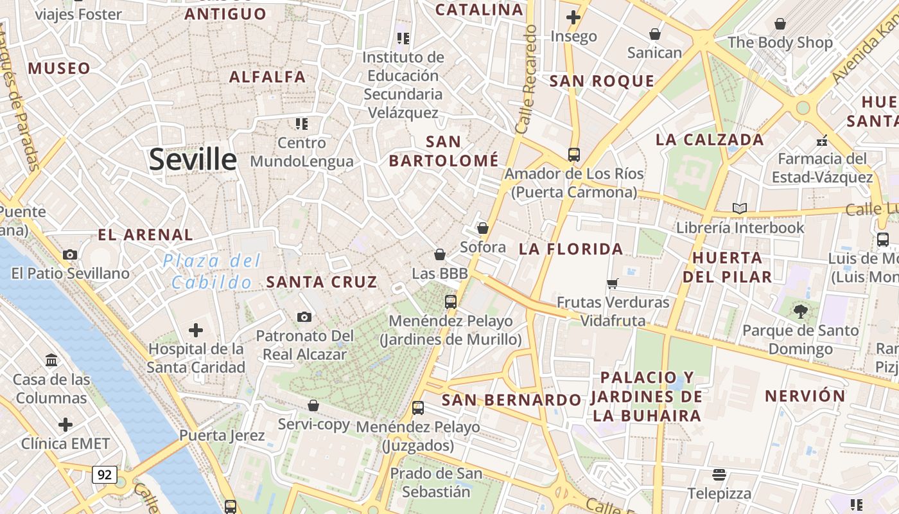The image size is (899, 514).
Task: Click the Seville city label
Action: [193, 159]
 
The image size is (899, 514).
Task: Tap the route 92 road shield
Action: [105, 475]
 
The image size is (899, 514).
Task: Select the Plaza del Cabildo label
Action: [211, 271]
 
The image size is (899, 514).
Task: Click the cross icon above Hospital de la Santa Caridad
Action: [196, 330]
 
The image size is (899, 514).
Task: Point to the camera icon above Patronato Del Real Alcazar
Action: [304, 317]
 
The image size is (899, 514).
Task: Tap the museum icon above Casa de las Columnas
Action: [51, 360]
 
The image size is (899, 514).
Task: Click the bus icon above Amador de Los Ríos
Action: [573, 154]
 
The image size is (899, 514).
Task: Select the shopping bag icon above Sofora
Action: [483, 228]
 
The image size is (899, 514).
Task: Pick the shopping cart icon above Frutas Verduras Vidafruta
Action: [613, 283]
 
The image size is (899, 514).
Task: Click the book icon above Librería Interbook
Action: [740, 208]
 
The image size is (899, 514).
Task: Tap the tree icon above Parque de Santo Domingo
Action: [800, 312]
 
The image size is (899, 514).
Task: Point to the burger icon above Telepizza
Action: [719, 475]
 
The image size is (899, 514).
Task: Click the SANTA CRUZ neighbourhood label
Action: [322, 281]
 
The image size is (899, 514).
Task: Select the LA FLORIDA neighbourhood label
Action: [571, 249]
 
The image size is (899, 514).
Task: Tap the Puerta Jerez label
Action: [222, 435]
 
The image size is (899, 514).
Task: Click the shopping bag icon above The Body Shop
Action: [780, 24]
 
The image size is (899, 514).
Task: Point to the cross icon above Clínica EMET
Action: [65, 425]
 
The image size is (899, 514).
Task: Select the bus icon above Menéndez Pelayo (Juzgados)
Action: [418, 407]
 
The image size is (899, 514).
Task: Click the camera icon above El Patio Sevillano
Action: [70, 254]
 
